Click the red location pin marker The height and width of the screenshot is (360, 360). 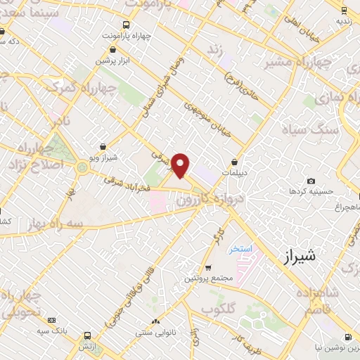point(181,165)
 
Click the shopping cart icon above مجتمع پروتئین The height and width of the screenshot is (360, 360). point(208,267)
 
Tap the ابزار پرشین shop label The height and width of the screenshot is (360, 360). point(115,60)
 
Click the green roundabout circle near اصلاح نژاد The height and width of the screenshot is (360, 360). point(83,167)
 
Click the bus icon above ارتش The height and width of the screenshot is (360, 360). point(87,335)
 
